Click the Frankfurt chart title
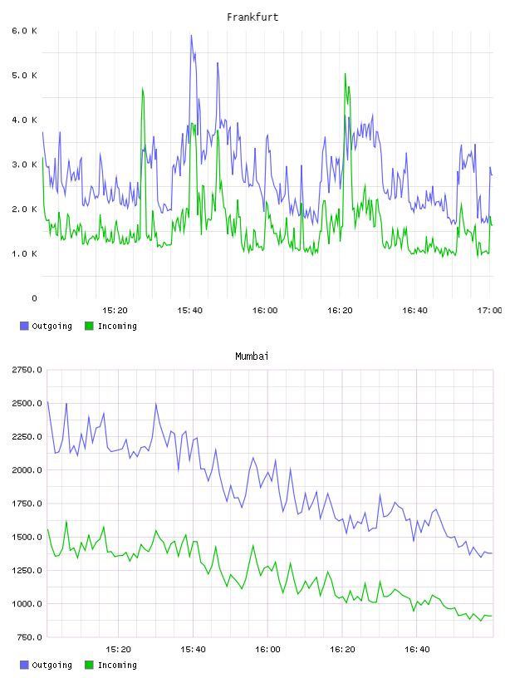point(252,17)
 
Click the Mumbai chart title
point(252,356)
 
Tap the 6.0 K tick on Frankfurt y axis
point(25,31)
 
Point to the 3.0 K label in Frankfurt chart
point(25,165)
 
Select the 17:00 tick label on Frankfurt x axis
point(489,310)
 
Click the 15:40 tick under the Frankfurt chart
point(190,310)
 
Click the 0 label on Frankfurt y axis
point(34,298)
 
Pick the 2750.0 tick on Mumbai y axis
point(27,370)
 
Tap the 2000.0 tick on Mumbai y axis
point(27,470)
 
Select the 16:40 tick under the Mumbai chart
point(417,649)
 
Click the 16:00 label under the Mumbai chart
point(267,649)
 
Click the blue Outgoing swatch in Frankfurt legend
point(24,326)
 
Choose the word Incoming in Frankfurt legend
point(117,326)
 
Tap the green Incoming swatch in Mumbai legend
point(89,665)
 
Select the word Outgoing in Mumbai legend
point(51,665)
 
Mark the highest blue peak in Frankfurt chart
point(191,36)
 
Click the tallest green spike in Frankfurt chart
point(345,74)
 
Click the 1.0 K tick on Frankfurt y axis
point(25,253)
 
